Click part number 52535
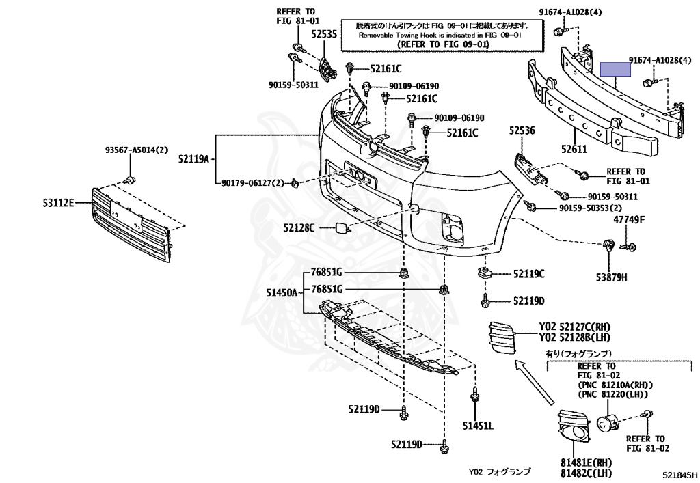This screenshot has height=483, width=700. (x=324, y=34)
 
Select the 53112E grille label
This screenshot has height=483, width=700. (x=59, y=204)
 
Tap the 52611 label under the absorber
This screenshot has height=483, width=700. (x=574, y=150)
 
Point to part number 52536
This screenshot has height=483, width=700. (x=522, y=130)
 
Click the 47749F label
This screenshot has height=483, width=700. (x=629, y=219)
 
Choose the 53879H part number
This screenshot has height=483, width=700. (x=611, y=277)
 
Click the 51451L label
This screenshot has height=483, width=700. (x=478, y=426)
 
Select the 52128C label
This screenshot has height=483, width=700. (x=299, y=228)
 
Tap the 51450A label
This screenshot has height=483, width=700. (x=282, y=292)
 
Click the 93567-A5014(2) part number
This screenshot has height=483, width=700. (x=137, y=150)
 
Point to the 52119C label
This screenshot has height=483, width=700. (x=529, y=274)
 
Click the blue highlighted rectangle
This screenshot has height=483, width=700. (x=615, y=69)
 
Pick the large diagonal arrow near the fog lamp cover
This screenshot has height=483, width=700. (x=535, y=383)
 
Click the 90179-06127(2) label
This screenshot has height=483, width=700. (x=253, y=183)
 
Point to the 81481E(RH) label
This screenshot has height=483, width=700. (x=586, y=463)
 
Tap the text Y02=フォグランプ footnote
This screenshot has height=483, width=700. (x=500, y=471)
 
